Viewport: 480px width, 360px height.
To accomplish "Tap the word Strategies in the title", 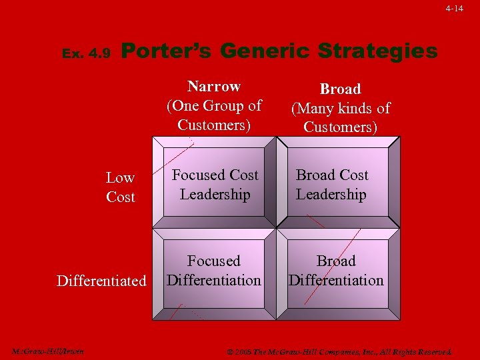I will pos(377,51).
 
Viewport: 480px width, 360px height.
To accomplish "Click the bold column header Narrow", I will pos(214,87).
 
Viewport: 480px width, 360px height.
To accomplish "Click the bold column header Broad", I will pos(340,89).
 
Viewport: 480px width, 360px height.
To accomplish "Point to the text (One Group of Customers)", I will pos(214,115).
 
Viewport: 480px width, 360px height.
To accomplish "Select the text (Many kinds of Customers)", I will pos(340,117).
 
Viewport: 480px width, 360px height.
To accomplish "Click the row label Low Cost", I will pos(120,187).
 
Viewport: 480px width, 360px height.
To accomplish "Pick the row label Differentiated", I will pos(101,281).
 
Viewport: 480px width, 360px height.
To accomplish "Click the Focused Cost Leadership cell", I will pos(215,185).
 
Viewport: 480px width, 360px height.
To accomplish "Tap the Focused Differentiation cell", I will pos(214,270).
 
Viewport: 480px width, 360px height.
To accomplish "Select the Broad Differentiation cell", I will pos(336,270).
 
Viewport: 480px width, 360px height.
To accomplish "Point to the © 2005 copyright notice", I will pos(339,351).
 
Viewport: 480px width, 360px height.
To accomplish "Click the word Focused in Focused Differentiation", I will pos(214,261).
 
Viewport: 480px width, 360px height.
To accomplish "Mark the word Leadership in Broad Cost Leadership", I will pos(331,195).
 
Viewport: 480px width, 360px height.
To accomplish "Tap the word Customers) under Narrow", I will pos(214,125).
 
